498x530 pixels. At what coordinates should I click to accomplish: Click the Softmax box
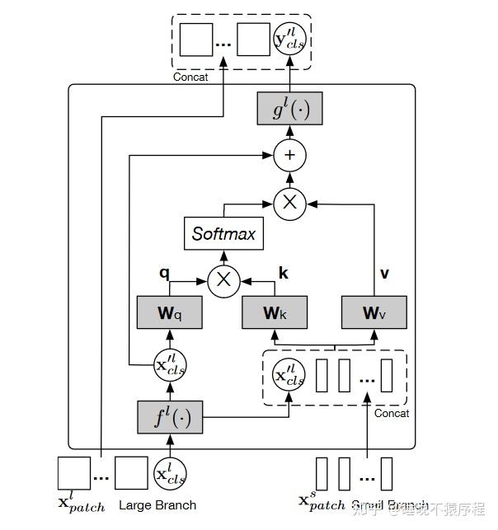224,234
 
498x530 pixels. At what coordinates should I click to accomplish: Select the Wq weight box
169,312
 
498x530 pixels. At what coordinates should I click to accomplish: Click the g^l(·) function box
289,108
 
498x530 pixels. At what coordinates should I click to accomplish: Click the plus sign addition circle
289,155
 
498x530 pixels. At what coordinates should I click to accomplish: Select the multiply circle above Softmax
289,200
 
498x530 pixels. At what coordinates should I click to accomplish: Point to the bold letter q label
164,270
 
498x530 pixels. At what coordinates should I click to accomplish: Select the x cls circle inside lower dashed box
289,377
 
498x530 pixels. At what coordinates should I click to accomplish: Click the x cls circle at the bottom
169,474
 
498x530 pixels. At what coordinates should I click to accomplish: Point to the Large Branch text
158,504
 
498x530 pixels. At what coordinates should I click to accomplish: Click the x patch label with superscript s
322,502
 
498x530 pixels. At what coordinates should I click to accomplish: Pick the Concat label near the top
190,77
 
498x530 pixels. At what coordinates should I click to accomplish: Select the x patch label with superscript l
81,502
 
